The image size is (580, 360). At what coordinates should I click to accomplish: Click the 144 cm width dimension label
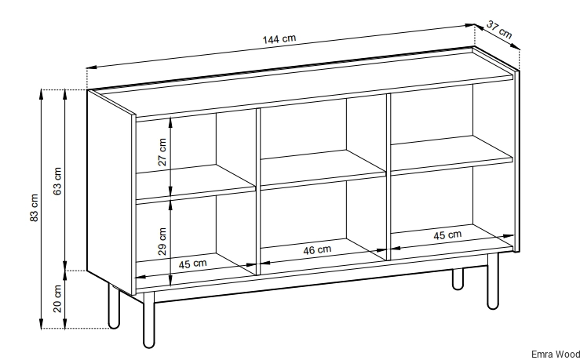(x=279, y=38)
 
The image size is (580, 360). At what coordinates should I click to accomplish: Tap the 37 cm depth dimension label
(x=499, y=30)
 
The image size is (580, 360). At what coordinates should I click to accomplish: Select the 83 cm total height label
(x=34, y=208)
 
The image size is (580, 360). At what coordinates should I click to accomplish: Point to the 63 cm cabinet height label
(x=57, y=181)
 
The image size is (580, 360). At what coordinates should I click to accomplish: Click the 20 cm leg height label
(x=57, y=299)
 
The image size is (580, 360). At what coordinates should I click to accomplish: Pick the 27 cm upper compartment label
(x=162, y=152)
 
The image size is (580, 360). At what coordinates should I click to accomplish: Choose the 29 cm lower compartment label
(x=162, y=242)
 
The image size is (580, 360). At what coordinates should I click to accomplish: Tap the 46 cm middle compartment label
(x=317, y=250)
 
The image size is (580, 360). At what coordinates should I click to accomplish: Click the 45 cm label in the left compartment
(x=193, y=264)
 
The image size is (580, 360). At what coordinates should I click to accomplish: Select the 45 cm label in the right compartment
(x=447, y=235)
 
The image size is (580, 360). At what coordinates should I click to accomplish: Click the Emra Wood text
(x=556, y=355)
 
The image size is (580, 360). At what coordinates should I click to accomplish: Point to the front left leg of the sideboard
(x=148, y=320)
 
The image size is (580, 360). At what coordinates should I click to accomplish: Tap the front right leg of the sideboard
(x=493, y=282)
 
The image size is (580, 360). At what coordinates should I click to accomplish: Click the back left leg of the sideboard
(x=114, y=306)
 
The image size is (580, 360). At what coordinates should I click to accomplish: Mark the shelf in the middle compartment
(x=323, y=170)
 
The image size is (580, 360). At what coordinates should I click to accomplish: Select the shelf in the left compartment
(x=195, y=184)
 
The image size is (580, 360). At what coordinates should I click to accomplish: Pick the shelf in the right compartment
(x=451, y=155)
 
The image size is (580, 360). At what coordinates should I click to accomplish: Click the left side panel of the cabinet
(x=110, y=192)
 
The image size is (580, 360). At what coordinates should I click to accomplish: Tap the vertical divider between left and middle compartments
(x=258, y=191)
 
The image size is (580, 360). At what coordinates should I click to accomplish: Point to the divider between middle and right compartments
(x=388, y=176)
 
